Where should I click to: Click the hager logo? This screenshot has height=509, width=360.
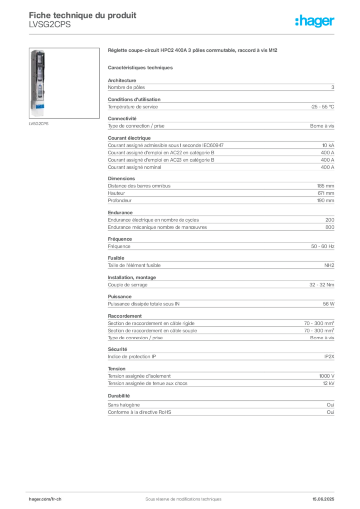coord(315,21)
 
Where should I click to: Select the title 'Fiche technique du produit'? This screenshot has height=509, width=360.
coord(83,15)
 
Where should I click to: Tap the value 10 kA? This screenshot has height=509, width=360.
coord(328,145)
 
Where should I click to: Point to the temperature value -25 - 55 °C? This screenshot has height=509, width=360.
coord(322,107)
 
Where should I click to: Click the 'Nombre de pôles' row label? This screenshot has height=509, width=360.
coord(126,87)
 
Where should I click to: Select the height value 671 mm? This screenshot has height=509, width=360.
coord(326,193)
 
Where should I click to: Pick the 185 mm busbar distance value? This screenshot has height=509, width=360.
coord(325,186)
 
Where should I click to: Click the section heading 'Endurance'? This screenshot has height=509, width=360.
coord(120,213)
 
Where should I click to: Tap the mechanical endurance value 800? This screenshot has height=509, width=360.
coord(330,227)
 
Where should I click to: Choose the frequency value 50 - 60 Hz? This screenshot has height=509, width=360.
coord(322,246)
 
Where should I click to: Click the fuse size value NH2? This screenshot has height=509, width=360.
coord(329,265)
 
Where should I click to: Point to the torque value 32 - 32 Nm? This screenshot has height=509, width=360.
coord(321,285)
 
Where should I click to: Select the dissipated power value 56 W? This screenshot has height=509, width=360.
coord(328,304)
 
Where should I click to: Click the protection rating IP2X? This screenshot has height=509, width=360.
coord(329,357)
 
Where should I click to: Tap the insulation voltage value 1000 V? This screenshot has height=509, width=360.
coord(326,376)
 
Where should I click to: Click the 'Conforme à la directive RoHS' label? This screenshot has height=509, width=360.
coord(140,412)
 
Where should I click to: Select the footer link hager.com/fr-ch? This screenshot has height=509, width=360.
coord(45,499)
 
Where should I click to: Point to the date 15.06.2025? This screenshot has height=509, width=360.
coord(323,499)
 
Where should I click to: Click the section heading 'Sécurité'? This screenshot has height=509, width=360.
coord(117,349)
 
